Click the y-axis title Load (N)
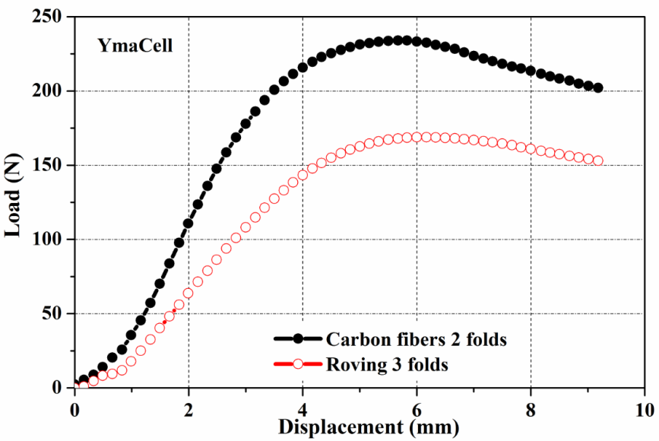click(14, 203)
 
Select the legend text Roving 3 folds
click(386, 364)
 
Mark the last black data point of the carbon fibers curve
click(598, 88)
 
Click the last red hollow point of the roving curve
click(598, 160)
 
